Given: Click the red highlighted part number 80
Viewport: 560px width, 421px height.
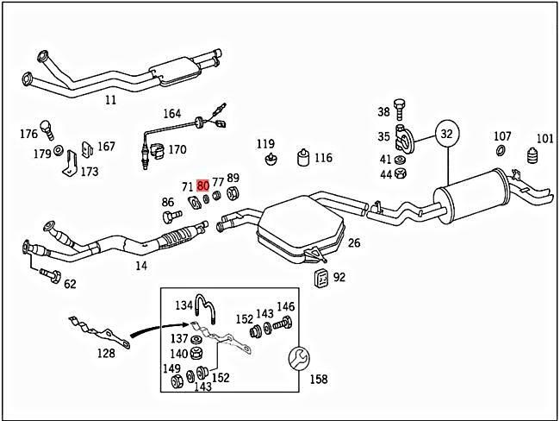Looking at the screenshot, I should tap(203, 185).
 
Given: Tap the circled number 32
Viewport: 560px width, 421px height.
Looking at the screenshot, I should tap(446, 134).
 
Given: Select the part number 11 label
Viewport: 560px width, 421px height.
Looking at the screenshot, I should tap(110, 100).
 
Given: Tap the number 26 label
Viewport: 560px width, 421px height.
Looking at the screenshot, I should tap(353, 243).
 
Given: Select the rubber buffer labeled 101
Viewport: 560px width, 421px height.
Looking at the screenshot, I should tap(532, 160).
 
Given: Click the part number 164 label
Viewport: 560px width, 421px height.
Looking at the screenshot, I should tap(172, 114).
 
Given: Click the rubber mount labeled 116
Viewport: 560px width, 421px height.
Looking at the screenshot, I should tap(303, 157).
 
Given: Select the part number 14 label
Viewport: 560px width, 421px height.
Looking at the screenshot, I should tap(140, 266).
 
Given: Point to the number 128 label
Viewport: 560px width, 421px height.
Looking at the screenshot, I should tap(105, 353).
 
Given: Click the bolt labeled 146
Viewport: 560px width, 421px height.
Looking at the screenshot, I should tap(285, 326).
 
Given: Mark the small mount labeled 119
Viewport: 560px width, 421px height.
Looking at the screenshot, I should tap(269, 160).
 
